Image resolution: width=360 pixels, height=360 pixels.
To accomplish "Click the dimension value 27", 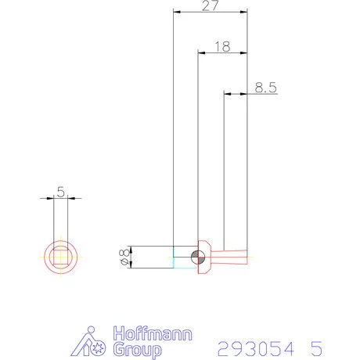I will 209,6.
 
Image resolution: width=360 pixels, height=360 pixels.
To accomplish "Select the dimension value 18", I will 221,47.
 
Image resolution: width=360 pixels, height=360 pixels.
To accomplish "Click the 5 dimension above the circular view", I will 60,191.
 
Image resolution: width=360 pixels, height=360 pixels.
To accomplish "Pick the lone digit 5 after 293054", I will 315,347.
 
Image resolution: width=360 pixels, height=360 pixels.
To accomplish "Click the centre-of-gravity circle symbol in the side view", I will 199,257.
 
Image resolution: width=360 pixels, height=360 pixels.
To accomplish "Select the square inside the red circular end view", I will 60,257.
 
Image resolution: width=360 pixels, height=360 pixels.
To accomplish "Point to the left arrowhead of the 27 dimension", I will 176,12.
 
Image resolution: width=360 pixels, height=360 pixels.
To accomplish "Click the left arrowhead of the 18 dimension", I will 201,53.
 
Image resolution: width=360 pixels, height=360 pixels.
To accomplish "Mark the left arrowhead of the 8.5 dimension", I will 228,94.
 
